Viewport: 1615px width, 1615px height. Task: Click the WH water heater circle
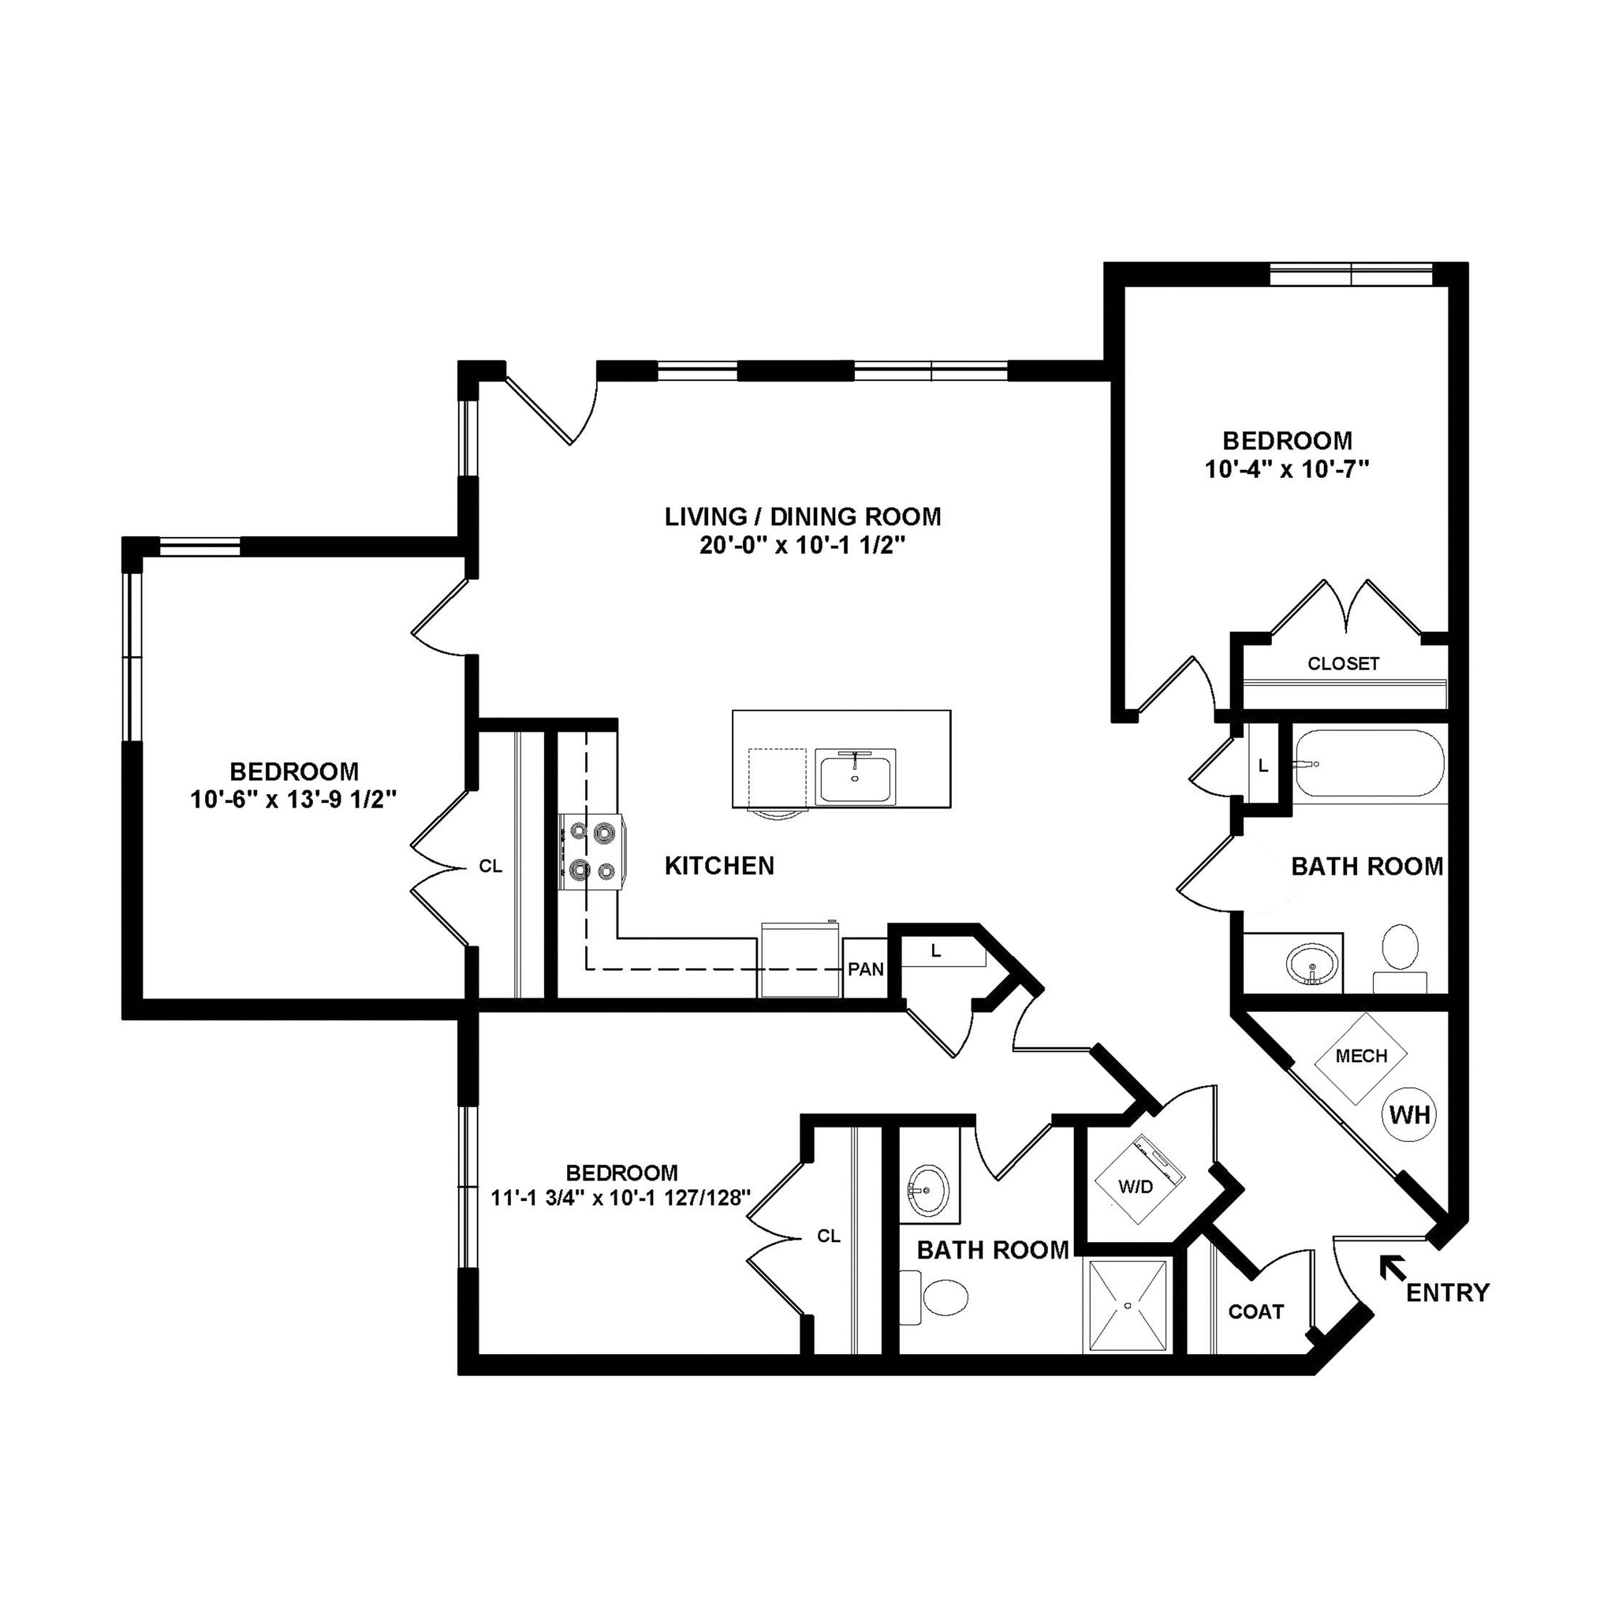coord(1410,1114)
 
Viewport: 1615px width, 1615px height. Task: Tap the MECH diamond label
coord(1361,1057)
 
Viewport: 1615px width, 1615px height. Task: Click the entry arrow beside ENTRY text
coord(1392,1268)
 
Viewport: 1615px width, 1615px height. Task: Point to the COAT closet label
coord(1255,1311)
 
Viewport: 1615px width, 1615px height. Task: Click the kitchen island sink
coord(854,776)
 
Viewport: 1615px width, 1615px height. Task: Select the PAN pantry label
coord(865,969)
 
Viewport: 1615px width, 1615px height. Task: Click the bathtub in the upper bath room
coord(1368,763)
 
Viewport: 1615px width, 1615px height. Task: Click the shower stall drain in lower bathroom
coord(1128,1304)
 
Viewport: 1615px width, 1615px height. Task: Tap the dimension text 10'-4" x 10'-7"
coord(1286,469)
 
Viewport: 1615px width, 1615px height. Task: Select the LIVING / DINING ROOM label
coord(803,517)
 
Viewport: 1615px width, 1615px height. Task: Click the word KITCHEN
coord(719,865)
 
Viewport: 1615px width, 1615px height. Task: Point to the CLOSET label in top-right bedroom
coord(1343,664)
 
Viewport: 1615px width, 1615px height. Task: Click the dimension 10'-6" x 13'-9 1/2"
coord(293,800)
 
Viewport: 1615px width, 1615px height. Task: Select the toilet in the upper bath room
coord(1401,956)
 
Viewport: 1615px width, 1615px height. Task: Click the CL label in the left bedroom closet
coord(490,867)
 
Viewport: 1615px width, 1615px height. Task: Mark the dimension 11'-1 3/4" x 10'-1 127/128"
coord(621,1198)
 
